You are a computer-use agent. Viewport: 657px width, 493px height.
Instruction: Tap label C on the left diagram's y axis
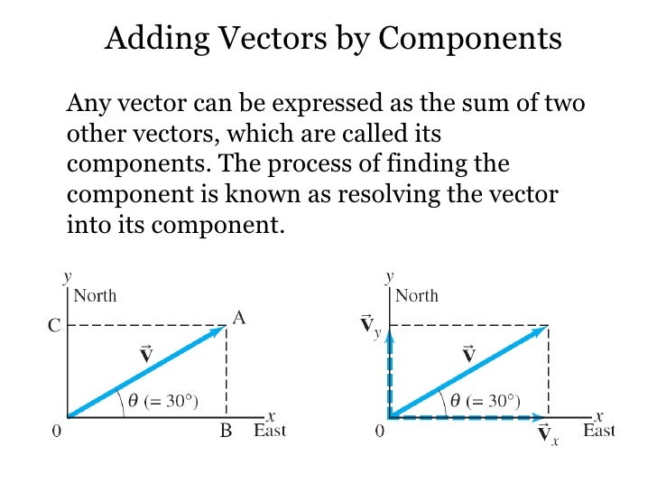point(53,327)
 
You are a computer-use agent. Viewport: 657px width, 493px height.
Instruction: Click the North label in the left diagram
point(95,295)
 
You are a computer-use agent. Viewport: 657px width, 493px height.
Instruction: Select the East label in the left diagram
point(269,431)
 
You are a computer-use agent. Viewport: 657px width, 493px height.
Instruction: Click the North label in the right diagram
point(416,295)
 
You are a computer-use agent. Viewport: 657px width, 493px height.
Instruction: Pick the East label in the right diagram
point(598,431)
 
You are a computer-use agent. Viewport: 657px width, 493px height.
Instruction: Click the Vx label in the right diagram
point(546,436)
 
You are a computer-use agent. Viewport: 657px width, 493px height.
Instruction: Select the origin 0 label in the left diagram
point(56,431)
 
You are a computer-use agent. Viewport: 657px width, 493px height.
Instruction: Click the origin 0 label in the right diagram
point(379,431)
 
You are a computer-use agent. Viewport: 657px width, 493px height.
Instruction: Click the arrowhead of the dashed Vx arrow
point(544,418)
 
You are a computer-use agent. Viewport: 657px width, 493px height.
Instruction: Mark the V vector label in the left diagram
point(145,353)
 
